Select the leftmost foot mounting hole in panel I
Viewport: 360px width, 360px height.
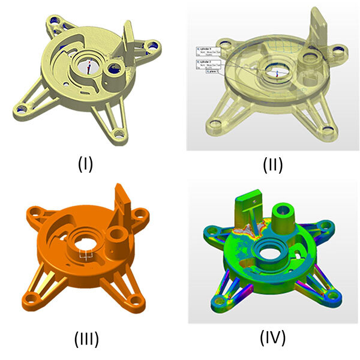tap(22, 110)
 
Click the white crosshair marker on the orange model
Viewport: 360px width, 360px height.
tap(86, 256)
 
